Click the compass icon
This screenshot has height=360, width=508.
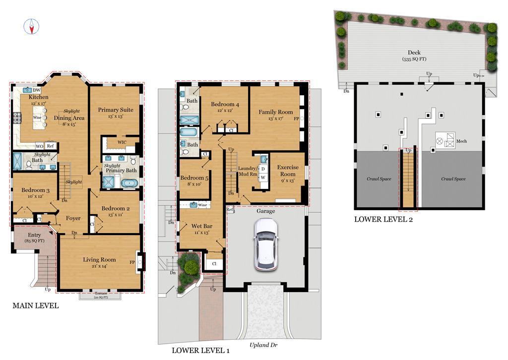point(31,26)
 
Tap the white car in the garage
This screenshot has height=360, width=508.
point(266,244)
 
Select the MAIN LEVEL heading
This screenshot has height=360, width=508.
point(36,305)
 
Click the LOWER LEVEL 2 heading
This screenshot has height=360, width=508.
point(383,220)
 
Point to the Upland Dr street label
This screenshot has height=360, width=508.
point(263,345)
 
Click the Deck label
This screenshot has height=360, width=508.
point(414,53)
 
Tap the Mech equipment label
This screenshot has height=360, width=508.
point(461,141)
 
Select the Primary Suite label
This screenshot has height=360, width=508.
point(116,110)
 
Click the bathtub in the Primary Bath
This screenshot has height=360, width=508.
point(130,183)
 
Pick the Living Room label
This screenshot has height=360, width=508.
point(99,260)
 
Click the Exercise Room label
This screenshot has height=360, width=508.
point(288,171)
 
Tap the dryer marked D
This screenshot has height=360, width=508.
point(263,169)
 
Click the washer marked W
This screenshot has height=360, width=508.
point(263,178)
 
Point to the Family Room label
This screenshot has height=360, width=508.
point(276,112)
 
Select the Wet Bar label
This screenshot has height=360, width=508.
point(201,226)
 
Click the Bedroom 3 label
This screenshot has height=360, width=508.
point(35,190)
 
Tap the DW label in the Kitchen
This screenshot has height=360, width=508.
point(37,90)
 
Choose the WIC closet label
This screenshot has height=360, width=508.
point(122,142)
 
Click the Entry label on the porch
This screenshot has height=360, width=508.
point(34,235)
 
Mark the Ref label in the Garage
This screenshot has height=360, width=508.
point(230,209)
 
